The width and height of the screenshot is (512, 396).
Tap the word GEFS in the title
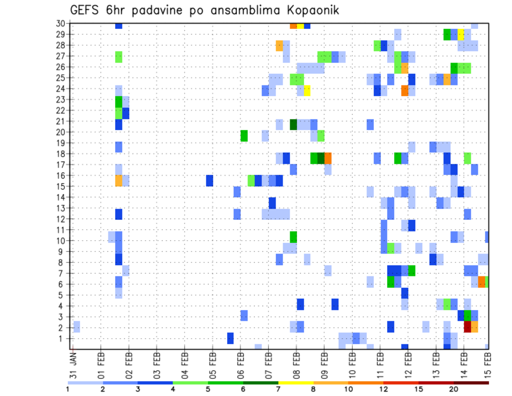(86, 10)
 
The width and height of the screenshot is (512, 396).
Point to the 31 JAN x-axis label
(74, 362)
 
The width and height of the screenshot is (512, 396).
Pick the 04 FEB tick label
(185, 362)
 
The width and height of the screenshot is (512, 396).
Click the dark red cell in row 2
(468, 327)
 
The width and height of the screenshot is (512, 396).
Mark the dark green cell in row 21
(293, 124)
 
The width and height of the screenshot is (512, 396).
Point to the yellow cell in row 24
(307, 91)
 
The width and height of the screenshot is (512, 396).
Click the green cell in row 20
(244, 136)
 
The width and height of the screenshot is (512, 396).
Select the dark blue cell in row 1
(230, 338)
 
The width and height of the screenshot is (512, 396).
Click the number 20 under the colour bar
(453, 389)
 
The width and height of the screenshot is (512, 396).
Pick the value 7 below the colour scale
(278, 389)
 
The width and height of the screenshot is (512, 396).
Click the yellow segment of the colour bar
(295, 382)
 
